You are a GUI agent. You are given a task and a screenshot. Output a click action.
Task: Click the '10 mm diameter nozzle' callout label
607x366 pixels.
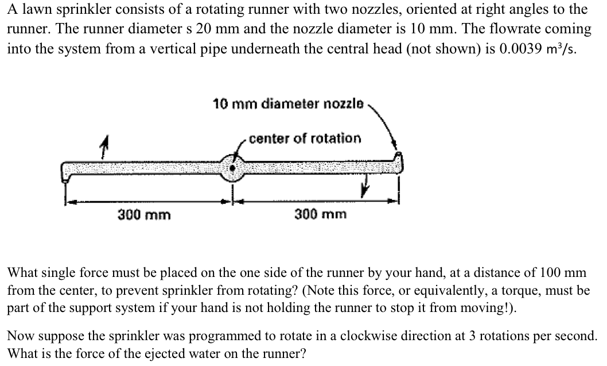pos(287,104)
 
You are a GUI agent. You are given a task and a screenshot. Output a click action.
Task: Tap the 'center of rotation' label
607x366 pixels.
pos(305,138)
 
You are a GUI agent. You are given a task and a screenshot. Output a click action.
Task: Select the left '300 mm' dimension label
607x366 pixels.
pos(144,215)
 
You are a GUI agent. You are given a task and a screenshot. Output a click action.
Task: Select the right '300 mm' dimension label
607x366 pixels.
pos(321,215)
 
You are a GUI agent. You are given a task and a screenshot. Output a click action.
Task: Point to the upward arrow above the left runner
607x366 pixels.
pos(103,149)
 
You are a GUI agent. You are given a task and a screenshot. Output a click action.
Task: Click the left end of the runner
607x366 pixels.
pos(65,171)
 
